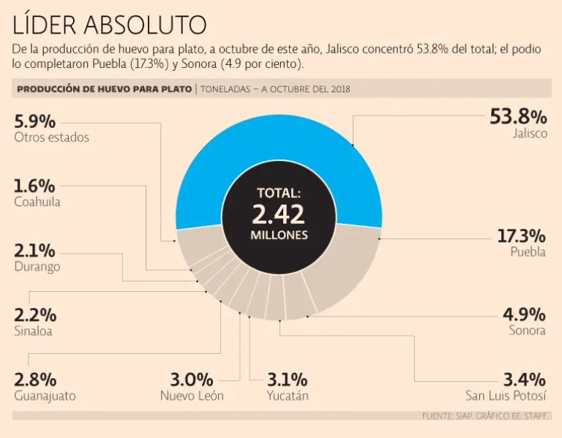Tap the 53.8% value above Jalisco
pyautogui.click(x=517, y=117)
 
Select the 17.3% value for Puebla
pyautogui.click(x=521, y=236)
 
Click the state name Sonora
pyautogui.click(x=527, y=331)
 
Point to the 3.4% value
pyautogui.click(x=523, y=380)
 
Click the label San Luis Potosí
pyautogui.click(x=506, y=396)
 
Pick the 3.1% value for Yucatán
pyautogui.click(x=288, y=380)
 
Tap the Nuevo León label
pyautogui.click(x=192, y=396)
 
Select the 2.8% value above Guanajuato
pyautogui.click(x=35, y=380)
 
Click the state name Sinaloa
pyautogui.click(x=34, y=331)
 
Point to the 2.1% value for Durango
pyautogui.click(x=35, y=251)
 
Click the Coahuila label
pyautogui.click(x=37, y=202)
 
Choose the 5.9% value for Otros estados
pyautogui.click(x=35, y=121)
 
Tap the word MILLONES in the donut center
pyautogui.click(x=279, y=236)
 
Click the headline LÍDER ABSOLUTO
pyautogui.click(x=110, y=25)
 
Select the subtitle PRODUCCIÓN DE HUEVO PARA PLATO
pyautogui.click(x=103, y=89)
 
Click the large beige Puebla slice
pyautogui.click(x=344, y=263)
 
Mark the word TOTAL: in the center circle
pyautogui.click(x=279, y=194)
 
